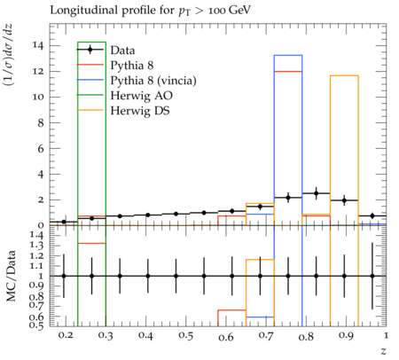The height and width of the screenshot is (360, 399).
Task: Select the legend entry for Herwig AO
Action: (141, 96)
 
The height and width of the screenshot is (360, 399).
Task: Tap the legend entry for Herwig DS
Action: (140, 111)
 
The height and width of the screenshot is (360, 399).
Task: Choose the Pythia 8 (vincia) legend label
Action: (153, 81)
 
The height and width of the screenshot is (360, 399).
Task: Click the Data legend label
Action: (122, 51)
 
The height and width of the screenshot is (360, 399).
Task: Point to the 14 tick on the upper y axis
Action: (38, 45)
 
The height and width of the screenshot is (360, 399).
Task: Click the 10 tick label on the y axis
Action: (38, 97)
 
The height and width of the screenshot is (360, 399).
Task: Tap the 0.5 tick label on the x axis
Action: (185, 335)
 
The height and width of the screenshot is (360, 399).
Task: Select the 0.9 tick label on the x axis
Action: (346, 335)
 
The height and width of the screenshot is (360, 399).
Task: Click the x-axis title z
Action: (383, 351)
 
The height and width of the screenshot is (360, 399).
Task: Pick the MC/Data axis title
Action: (11, 276)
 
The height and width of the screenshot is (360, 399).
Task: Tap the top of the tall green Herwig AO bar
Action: (91, 42)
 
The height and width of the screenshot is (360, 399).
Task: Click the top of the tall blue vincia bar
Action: (288, 55)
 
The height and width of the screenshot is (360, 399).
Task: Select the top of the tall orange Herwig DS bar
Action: (344, 75)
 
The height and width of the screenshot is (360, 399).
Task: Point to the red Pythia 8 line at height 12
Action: (288, 71)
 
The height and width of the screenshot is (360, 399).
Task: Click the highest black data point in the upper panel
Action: (317, 193)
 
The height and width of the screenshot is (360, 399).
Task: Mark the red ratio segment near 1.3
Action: (91, 243)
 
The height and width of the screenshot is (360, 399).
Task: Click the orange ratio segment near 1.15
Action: (260, 260)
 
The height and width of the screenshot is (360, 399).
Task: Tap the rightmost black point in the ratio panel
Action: (372, 276)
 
